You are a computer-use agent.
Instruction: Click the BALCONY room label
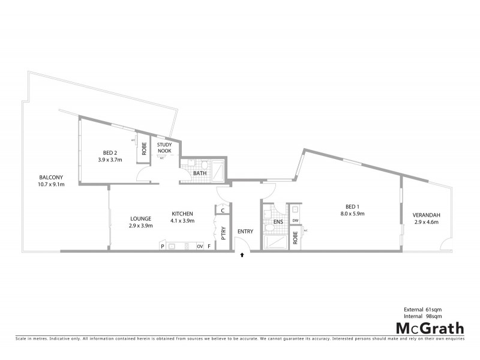(x=51, y=177)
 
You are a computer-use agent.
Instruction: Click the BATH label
(x=200, y=173)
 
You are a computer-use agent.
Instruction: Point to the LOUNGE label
(x=140, y=218)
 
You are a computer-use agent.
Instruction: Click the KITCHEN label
(x=182, y=214)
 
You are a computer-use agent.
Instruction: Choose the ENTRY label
(x=245, y=232)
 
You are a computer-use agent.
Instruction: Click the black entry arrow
(x=242, y=255)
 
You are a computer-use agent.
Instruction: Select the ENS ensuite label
(x=278, y=221)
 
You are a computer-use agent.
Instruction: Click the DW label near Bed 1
(x=295, y=221)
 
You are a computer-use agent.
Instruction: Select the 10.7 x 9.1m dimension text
(x=51, y=184)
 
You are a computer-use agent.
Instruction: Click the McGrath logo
(x=429, y=328)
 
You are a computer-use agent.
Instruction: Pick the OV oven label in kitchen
(x=199, y=246)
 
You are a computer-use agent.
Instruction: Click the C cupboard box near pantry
(x=223, y=210)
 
